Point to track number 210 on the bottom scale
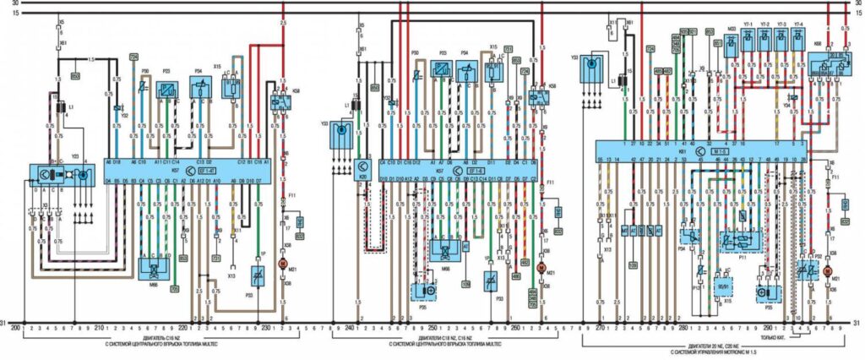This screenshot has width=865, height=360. tap(100, 324)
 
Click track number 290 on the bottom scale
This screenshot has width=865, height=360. tap(768, 324)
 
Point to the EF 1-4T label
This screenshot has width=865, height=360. tap(207, 169)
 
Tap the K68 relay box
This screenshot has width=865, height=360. tap(827, 64)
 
